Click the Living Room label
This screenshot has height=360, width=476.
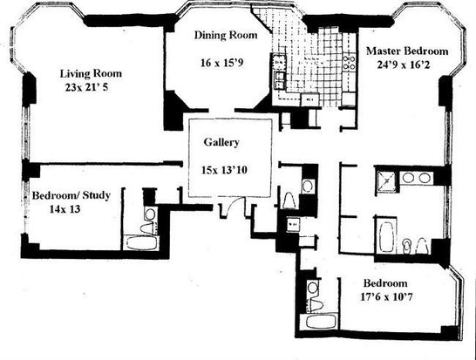[x=91, y=74]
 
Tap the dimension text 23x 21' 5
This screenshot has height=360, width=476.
[x=86, y=88]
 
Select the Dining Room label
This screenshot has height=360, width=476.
[x=226, y=35]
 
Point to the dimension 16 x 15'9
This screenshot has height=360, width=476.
[x=222, y=63]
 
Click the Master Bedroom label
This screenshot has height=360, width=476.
[x=407, y=51]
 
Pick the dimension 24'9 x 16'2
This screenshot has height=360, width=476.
[x=404, y=65]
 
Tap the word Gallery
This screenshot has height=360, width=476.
[x=221, y=142]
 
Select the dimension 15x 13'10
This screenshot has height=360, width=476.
[x=224, y=170]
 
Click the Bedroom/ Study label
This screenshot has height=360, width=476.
[x=71, y=195]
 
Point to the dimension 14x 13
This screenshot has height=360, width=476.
[x=65, y=209]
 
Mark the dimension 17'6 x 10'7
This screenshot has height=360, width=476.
[x=386, y=296]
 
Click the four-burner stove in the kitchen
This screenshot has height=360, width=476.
[x=349, y=62]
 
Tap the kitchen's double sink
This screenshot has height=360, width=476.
[x=280, y=80]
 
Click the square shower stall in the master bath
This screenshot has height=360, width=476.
[x=386, y=181]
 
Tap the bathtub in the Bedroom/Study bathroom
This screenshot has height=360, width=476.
[x=142, y=243]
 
